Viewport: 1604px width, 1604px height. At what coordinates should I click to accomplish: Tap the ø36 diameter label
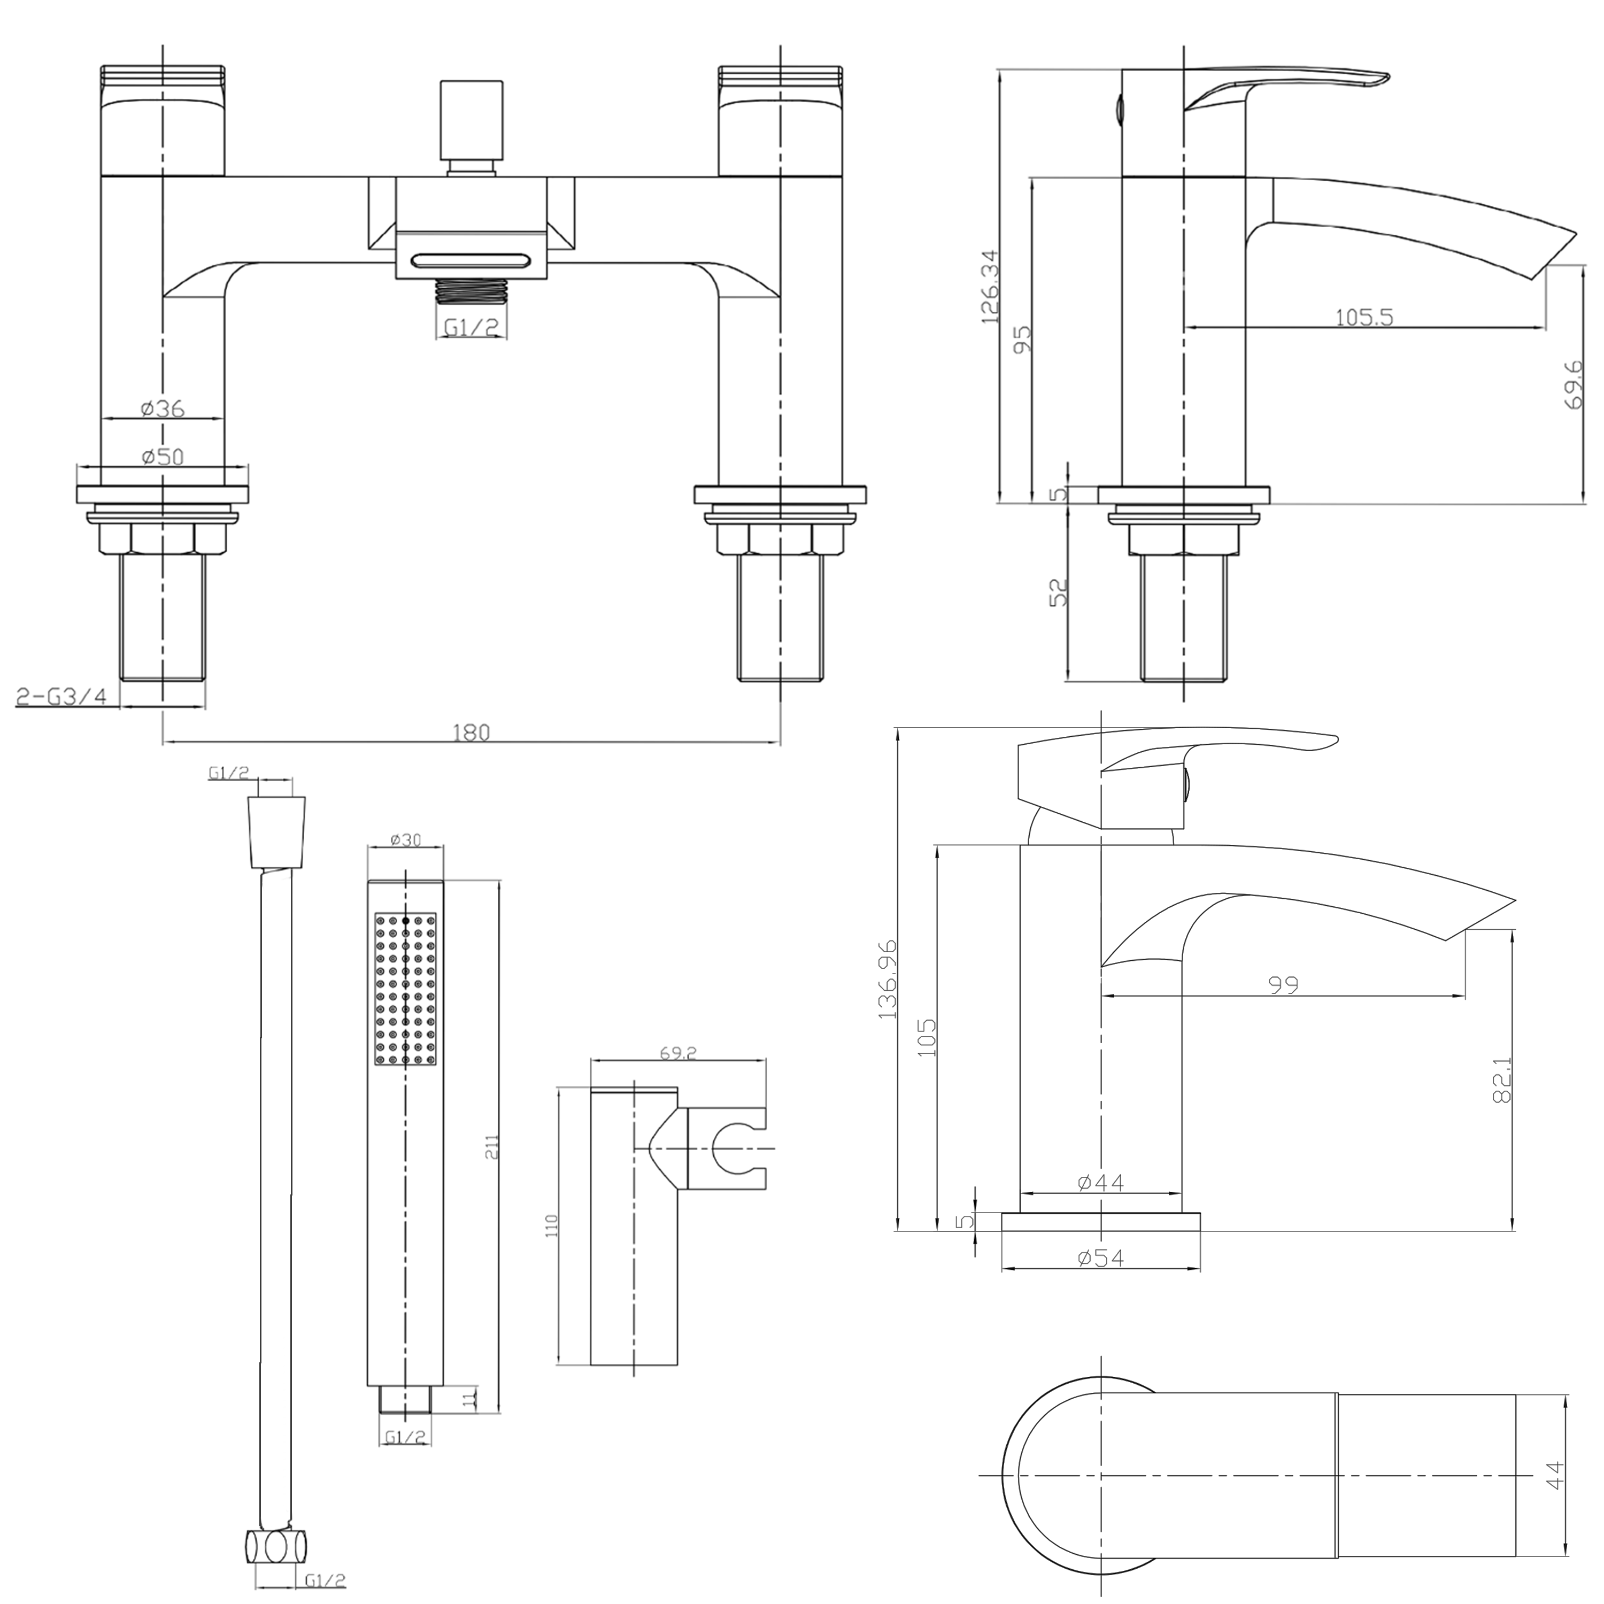point(162,408)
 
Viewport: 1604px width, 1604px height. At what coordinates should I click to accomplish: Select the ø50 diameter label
point(162,457)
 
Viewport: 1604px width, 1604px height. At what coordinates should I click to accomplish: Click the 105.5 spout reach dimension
point(1363,317)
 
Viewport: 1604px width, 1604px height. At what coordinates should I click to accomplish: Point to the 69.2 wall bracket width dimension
point(677,1053)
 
